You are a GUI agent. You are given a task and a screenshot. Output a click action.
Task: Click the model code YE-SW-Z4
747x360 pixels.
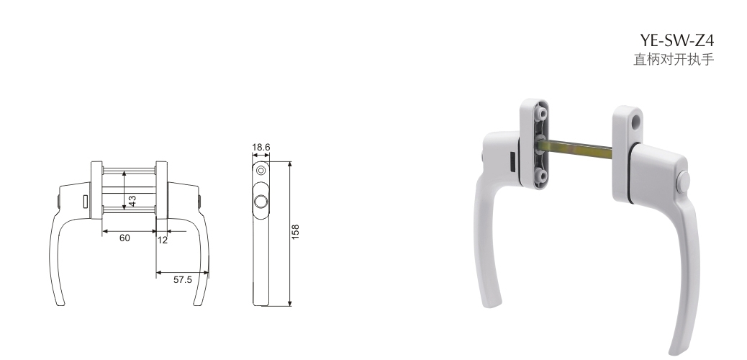point(677,40)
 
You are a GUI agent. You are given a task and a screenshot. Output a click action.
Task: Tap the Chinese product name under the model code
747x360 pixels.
point(674,60)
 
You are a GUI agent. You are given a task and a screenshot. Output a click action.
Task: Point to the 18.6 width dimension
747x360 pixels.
point(261,148)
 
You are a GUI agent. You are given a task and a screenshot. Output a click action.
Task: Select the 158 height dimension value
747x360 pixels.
point(295,232)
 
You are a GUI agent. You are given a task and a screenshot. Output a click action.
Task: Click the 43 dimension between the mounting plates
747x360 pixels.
point(132,201)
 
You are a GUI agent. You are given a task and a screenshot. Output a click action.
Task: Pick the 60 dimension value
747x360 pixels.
point(124,238)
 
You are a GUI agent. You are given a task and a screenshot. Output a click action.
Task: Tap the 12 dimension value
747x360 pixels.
point(163,240)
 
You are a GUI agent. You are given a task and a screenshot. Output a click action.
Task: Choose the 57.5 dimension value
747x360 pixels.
point(183,280)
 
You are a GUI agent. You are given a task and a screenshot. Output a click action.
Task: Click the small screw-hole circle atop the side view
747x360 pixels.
point(260,170)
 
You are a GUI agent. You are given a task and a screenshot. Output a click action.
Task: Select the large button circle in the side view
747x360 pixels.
point(261,202)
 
